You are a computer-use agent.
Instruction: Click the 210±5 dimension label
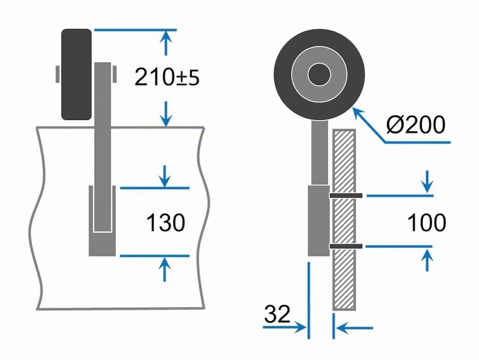pyautogui.click(x=167, y=77)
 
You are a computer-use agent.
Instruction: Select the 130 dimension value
pyautogui.click(x=166, y=222)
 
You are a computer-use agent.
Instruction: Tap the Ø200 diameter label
pyautogui.click(x=416, y=125)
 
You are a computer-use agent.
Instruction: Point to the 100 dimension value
pyautogui.click(x=427, y=222)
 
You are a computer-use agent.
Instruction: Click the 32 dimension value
pyautogui.click(x=277, y=314)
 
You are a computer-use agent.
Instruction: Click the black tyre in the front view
pyautogui.click(x=76, y=74)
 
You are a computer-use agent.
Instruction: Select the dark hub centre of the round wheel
pyautogui.click(x=319, y=74)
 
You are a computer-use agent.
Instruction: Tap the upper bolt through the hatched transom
pyautogui.click(x=346, y=195)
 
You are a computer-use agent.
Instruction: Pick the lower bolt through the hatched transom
pyautogui.click(x=346, y=246)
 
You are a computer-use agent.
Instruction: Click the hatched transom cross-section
pyautogui.click(x=344, y=220)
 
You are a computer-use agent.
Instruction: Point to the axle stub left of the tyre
pyautogui.click(x=57, y=74)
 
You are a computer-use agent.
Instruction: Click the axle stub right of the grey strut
pyautogui.click(x=115, y=74)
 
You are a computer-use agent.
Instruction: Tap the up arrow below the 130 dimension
pyautogui.click(x=165, y=269)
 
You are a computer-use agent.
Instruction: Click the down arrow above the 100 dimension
pyautogui.click(x=427, y=182)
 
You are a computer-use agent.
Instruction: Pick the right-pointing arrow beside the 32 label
pyautogui.click(x=284, y=328)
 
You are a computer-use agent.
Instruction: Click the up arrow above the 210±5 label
pyautogui.click(x=166, y=43)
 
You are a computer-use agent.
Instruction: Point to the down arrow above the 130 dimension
pyautogui.click(x=165, y=176)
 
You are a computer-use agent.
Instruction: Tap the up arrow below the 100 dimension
pyautogui.click(x=427, y=259)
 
